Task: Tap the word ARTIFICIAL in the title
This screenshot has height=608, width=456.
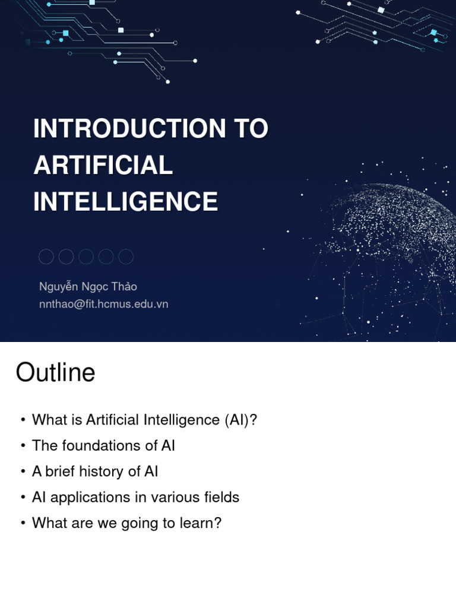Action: pyautogui.click(x=103, y=165)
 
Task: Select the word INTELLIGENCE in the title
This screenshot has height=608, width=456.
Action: pyautogui.click(x=125, y=201)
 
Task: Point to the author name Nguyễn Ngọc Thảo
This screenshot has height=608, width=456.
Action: pyautogui.click(x=88, y=287)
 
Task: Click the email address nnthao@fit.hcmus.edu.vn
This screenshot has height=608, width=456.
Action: pyautogui.click(x=103, y=304)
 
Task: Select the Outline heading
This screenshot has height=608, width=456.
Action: pyautogui.click(x=55, y=373)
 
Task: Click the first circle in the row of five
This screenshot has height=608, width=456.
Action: pyautogui.click(x=46, y=256)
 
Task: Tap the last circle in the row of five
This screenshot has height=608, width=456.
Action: pyautogui.click(x=126, y=256)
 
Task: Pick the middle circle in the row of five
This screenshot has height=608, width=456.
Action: pyautogui.click(x=86, y=256)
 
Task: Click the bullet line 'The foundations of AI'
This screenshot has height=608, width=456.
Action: pyautogui.click(x=103, y=445)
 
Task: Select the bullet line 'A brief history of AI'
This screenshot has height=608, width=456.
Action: pyautogui.click(x=95, y=471)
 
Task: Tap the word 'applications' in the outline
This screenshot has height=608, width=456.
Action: pyautogui.click(x=88, y=498)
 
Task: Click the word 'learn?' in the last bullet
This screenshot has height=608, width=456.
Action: pyautogui.click(x=202, y=523)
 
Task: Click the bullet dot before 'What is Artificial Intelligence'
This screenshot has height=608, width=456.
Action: pyautogui.click(x=23, y=420)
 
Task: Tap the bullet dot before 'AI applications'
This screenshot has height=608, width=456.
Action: pyautogui.click(x=23, y=498)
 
